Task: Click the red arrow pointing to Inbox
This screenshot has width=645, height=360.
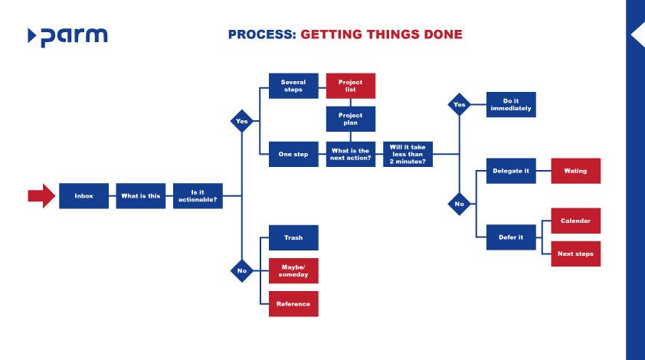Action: click(41, 196)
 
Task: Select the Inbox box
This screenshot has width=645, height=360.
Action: click(83, 196)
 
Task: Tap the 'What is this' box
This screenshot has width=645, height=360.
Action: click(141, 196)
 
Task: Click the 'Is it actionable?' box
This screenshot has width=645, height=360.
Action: click(198, 196)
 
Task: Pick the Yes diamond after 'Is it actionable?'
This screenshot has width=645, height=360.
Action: click(242, 121)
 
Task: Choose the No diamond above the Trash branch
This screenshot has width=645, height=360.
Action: click(242, 270)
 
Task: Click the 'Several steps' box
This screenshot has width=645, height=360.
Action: click(293, 86)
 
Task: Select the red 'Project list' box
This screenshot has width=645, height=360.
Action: click(351, 86)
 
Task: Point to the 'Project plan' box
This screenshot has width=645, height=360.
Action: click(351, 119)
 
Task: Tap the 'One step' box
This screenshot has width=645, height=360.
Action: click(293, 154)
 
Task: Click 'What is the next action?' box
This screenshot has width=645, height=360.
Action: click(351, 154)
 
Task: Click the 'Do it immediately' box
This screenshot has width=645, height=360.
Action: click(511, 104)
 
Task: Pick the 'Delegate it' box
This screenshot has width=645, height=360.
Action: click(511, 171)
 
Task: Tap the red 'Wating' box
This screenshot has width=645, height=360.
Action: click(575, 171)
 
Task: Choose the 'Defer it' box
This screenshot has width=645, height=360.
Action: click(511, 237)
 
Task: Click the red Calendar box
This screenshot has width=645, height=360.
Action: click(575, 221)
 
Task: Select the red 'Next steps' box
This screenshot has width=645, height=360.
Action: click(575, 254)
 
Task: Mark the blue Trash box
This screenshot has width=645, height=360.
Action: click(293, 237)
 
